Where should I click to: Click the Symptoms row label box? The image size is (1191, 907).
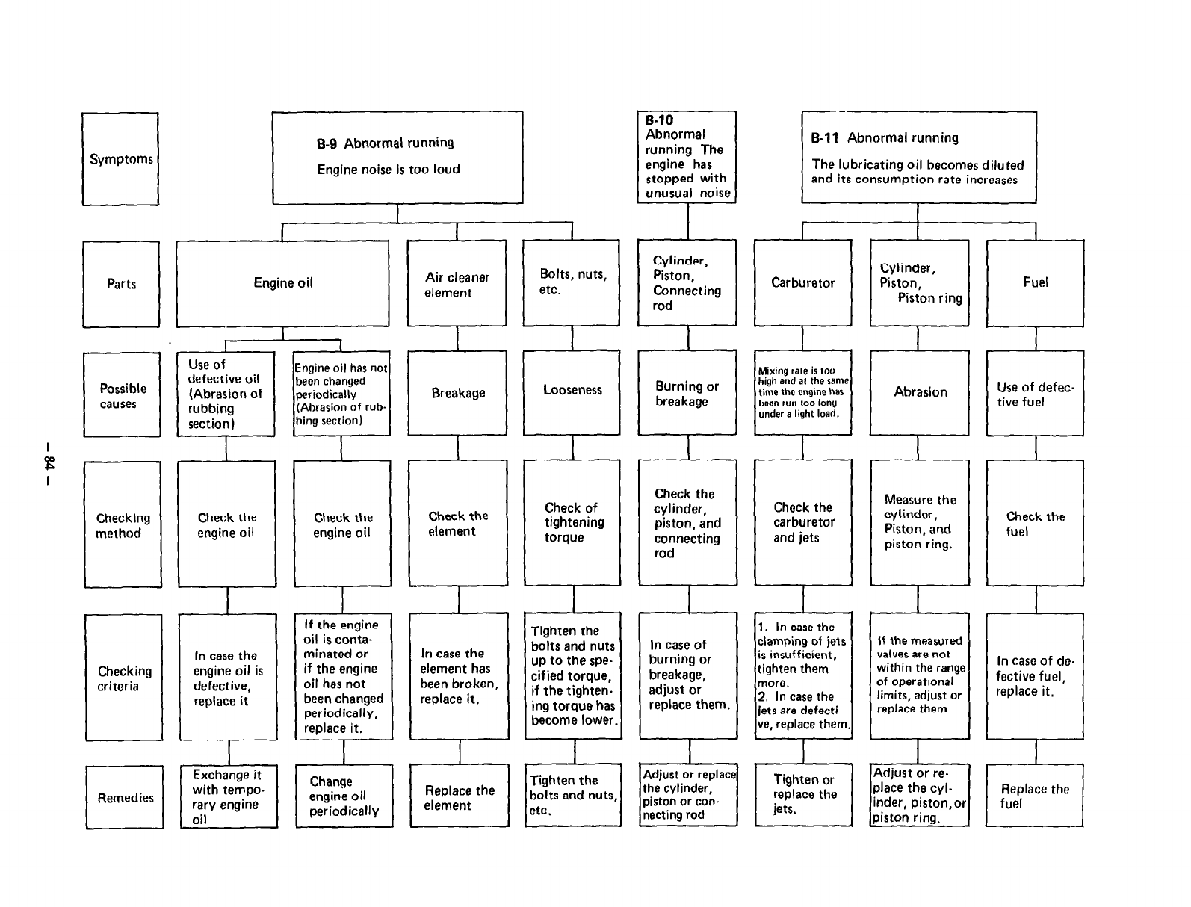[x=120, y=159]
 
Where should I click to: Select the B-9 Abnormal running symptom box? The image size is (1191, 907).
[x=397, y=157]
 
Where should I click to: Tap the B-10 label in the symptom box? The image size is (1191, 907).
[x=660, y=120]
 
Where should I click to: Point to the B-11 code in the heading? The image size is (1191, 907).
[x=825, y=138]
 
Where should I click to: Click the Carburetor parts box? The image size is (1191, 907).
[x=802, y=282]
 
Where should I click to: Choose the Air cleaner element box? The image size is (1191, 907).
[x=457, y=284]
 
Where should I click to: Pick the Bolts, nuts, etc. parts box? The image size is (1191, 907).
[x=572, y=282]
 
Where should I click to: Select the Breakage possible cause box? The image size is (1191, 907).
[x=457, y=393]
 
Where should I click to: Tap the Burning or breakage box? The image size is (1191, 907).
[x=687, y=393]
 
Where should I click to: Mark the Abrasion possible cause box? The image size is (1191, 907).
[x=919, y=392]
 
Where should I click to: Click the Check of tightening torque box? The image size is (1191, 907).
[x=572, y=522]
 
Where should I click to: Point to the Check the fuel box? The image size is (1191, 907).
[x=1035, y=523]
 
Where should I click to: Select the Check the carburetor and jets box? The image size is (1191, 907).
[x=803, y=522]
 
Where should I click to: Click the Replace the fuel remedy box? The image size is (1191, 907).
[x=1035, y=796]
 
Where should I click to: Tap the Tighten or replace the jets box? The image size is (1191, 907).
[x=803, y=794]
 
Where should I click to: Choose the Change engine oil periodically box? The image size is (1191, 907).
[x=344, y=796]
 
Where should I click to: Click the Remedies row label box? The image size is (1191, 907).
[x=124, y=797]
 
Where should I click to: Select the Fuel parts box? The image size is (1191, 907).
[x=1035, y=282]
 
